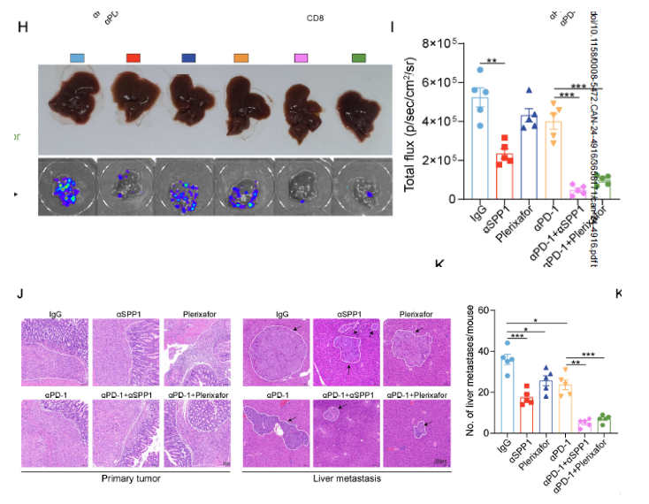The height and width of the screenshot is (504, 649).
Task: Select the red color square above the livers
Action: tap(134, 57)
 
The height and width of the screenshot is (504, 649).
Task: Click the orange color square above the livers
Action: tap(241, 57)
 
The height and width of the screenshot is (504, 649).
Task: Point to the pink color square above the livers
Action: tap(302, 57)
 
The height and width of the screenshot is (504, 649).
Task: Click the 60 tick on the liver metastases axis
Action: tap(483, 310)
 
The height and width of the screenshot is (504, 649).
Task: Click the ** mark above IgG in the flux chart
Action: tap(492, 61)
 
